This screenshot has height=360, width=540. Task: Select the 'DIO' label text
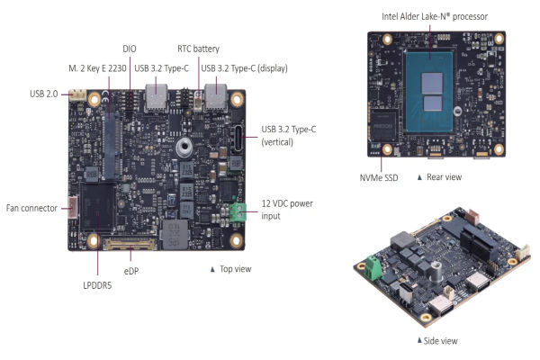point(130,48)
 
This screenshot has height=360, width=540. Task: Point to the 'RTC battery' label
point(198,49)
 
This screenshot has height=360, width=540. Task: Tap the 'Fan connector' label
point(31,208)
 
